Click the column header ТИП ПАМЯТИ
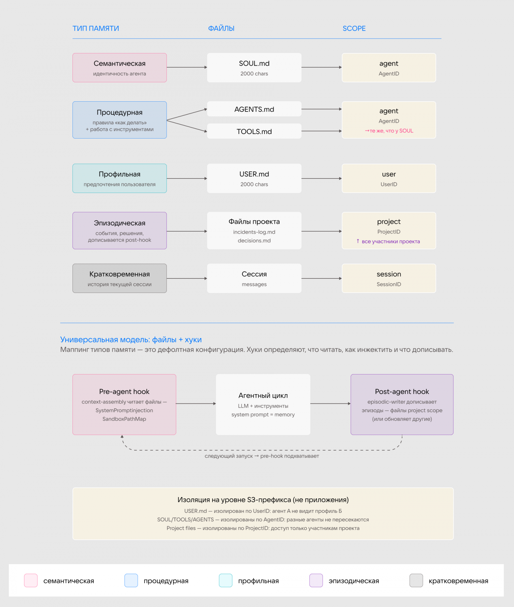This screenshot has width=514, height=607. (96, 28)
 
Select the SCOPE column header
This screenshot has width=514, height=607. (354, 28)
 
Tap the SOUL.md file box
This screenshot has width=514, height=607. (254, 68)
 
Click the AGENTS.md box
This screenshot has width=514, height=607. (254, 109)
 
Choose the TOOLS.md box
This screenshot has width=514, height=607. (254, 131)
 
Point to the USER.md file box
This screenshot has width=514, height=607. (254, 178)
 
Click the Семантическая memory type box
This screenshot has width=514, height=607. (120, 68)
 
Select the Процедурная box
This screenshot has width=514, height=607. (120, 120)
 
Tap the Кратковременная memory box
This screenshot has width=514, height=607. (120, 278)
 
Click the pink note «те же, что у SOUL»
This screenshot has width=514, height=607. (389, 131)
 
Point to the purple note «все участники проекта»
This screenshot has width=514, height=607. (388, 241)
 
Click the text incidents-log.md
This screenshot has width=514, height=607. (254, 232)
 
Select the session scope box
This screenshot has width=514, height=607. (389, 278)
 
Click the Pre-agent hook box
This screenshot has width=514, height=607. (124, 404)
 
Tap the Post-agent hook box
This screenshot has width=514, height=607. (402, 404)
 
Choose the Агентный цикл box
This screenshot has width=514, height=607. (263, 404)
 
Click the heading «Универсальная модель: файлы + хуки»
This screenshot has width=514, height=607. (131, 339)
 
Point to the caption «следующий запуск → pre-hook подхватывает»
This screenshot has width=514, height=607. (262, 456)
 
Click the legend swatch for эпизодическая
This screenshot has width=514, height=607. (316, 581)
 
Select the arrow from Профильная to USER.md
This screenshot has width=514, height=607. (187, 178)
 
